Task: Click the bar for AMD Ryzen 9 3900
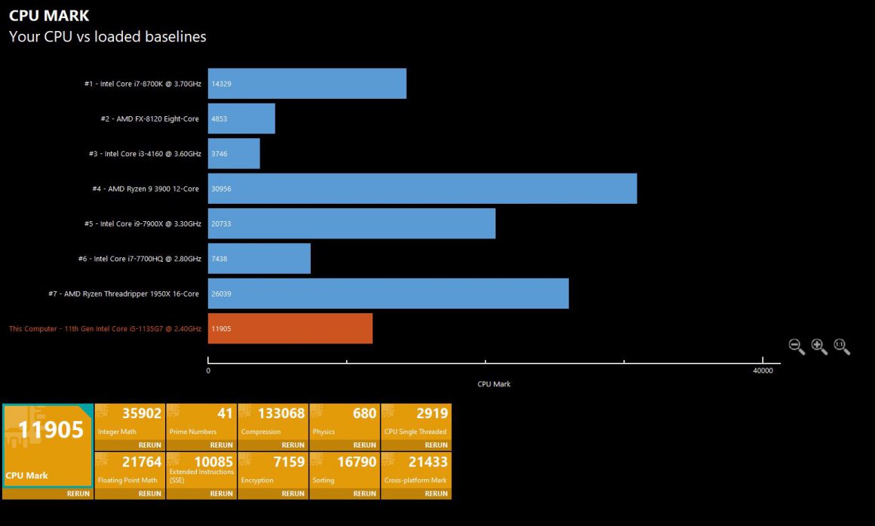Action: (422, 189)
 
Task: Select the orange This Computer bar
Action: (290, 328)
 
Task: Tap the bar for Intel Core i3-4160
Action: (234, 153)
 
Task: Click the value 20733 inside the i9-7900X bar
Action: (222, 223)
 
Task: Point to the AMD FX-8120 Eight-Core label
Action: (150, 118)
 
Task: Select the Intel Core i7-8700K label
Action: (143, 84)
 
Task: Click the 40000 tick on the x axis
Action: (763, 371)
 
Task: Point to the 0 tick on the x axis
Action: (208, 371)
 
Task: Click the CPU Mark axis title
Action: (494, 384)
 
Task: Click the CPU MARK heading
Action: (49, 15)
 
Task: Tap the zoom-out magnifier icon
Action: (797, 346)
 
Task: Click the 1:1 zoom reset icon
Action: (842, 346)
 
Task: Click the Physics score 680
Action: (364, 414)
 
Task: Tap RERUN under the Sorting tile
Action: (364, 494)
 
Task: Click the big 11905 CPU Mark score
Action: (51, 430)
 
